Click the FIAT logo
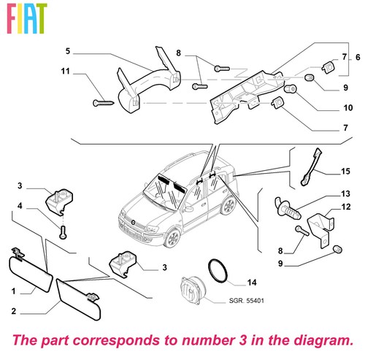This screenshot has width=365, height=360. coord(26,18)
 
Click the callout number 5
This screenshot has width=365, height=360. coord(68,51)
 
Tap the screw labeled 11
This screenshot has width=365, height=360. coord(104,103)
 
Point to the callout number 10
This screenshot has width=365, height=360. coord(348,107)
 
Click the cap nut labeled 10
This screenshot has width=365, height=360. coord(291,88)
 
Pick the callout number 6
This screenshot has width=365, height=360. coord(358,57)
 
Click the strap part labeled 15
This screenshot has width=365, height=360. coord(311,167)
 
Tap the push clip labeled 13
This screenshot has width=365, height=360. coord(288,208)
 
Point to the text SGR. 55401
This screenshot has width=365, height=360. coord(246,301)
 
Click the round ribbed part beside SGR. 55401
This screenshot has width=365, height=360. coord(193,290)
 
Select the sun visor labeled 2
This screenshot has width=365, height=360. coord(78,299)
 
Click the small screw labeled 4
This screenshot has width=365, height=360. coord(63,231)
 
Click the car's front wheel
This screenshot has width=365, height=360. coord(172,238)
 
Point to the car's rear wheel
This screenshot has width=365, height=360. coord(228,205)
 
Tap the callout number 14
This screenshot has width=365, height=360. coord(252,283)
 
